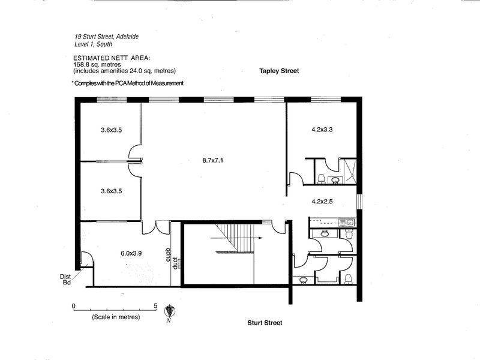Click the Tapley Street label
(x=279, y=71)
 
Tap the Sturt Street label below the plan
(x=265, y=323)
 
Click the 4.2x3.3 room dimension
(x=322, y=129)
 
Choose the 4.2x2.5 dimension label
(x=322, y=202)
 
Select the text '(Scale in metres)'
(x=116, y=316)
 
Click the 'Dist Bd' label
(x=65, y=279)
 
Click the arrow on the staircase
(x=259, y=238)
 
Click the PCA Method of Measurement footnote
(x=127, y=83)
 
